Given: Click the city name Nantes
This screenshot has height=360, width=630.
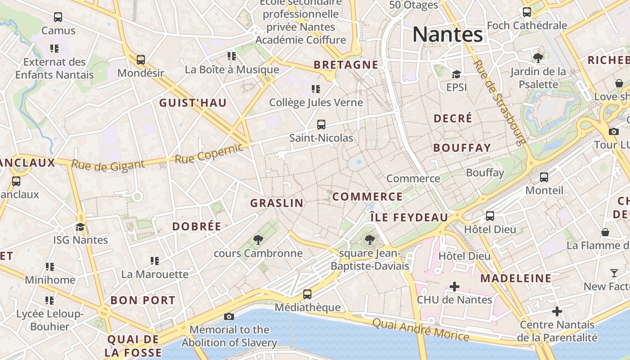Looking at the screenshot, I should (x=448, y=34).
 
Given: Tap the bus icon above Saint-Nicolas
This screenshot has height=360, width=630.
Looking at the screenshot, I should (x=321, y=125).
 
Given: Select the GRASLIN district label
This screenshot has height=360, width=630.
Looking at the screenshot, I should (x=277, y=203).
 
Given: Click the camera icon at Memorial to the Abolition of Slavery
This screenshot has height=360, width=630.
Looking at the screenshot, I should (x=229, y=316).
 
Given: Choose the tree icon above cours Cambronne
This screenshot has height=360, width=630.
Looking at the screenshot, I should (x=258, y=240).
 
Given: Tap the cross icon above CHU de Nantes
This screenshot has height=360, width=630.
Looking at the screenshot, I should (x=454, y=286).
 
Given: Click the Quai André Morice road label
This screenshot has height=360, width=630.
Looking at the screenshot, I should (x=421, y=329).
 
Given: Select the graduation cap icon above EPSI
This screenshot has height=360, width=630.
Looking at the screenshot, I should (x=456, y=74).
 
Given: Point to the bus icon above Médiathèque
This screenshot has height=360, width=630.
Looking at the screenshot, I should (x=307, y=294).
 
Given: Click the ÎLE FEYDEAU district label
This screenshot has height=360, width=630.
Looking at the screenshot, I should (x=409, y=218).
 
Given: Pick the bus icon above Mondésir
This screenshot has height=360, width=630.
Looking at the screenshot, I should (x=141, y=59).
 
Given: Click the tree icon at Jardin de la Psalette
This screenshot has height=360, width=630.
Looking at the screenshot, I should (x=538, y=58).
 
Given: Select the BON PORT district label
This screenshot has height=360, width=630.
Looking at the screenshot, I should (x=143, y=300).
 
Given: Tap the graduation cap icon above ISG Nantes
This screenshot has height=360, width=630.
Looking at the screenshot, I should (x=81, y=227).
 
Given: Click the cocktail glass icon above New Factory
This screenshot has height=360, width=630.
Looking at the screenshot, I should (x=614, y=273).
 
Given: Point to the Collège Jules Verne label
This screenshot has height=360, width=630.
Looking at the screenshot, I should (x=316, y=103).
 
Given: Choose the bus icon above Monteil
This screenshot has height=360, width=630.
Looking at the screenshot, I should (x=544, y=177).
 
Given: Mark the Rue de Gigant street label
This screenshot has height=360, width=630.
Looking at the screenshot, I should (x=108, y=165).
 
